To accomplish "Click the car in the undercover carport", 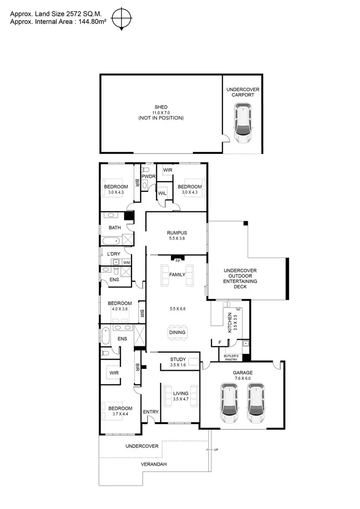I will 243,125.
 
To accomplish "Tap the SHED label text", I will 161,107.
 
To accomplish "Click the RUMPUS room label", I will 176,232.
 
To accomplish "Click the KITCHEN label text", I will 229,322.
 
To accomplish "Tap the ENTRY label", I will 151,412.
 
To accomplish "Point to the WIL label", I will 162,193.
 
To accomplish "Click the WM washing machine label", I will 126,262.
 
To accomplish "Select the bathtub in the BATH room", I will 111,241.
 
